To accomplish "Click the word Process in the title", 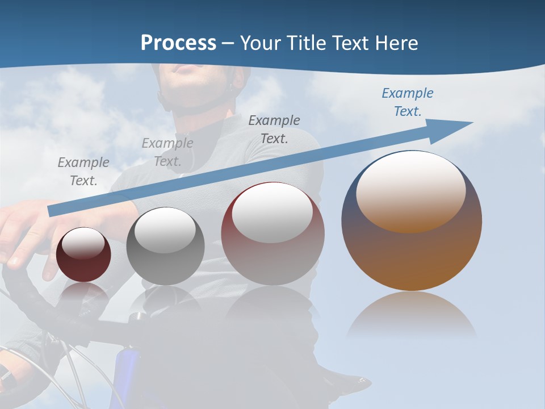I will pos(178,43).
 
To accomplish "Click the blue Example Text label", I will pos(408,102).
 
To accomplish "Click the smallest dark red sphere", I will pos(83,256).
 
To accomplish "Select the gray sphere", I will pos(165,247).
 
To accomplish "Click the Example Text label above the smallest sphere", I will pos(83,172).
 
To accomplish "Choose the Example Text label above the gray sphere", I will pos(167,152).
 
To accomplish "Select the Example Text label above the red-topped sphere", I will pos(274,130).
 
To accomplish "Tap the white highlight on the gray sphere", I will pos(165,230).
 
